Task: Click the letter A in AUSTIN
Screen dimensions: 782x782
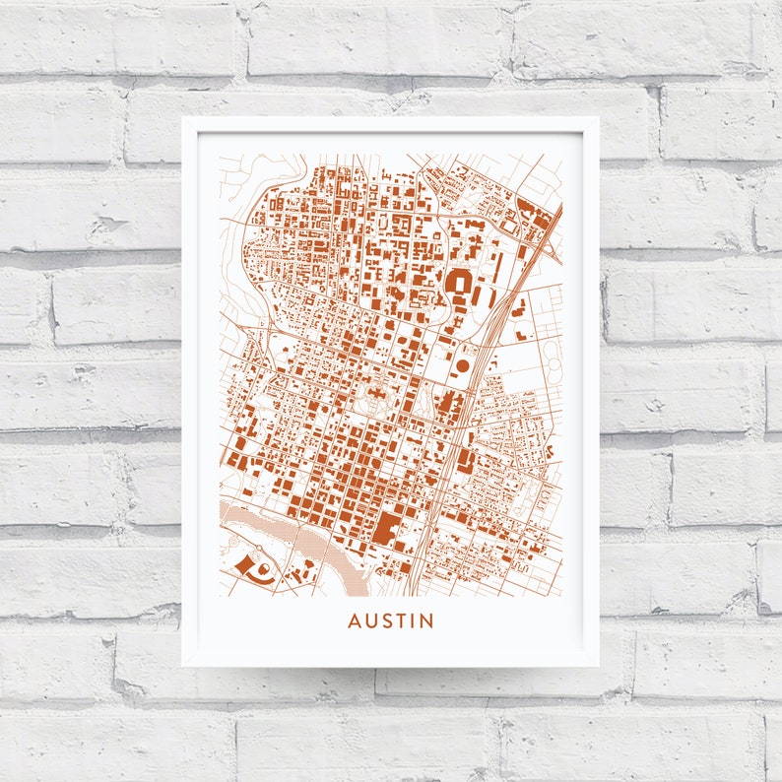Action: pyautogui.click(x=354, y=621)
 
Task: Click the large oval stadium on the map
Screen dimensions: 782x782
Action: pyautogui.click(x=459, y=285)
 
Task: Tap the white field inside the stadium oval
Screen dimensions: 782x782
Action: pyautogui.click(x=460, y=285)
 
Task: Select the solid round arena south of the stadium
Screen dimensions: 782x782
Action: pyautogui.click(x=462, y=366)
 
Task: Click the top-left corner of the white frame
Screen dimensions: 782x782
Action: pyautogui.click(x=183, y=118)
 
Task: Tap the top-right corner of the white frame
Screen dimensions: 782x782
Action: pyautogui.click(x=598, y=118)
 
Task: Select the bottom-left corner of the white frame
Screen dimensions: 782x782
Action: pyautogui.click(x=183, y=666)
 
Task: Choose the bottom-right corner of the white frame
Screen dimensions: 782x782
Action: pyautogui.click(x=598, y=666)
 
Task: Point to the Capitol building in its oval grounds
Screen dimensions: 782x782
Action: pyautogui.click(x=375, y=399)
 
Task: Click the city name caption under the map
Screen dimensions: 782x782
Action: pyautogui.click(x=390, y=621)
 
